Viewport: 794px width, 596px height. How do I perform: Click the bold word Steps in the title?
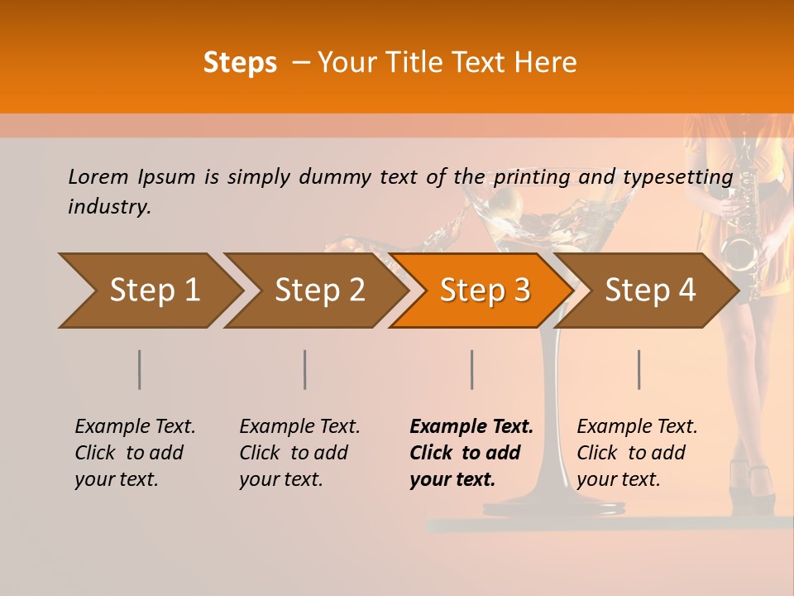pos(240,62)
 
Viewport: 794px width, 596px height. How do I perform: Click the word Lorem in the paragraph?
pos(98,176)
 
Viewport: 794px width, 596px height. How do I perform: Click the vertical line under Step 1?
pos(140,369)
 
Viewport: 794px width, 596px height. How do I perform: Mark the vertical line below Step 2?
pos(305,369)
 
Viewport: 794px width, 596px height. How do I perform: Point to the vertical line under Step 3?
pos(472,369)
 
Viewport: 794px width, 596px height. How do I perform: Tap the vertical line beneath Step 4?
pos(639,369)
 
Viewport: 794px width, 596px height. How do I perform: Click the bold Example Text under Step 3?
pos(471,426)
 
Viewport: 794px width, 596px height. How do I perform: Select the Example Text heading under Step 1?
pos(135,426)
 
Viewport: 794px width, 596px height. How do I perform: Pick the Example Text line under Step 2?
pos(299,426)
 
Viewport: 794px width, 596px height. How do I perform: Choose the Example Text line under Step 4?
pos(637,426)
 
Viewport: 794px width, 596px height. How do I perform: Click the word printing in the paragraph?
pos(531,176)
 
